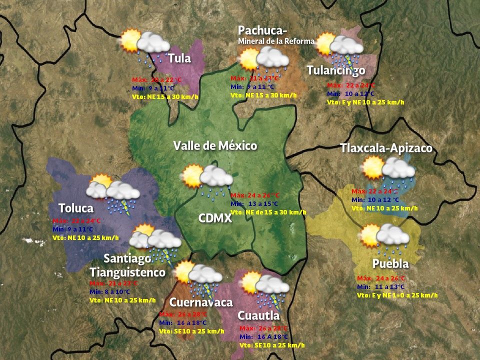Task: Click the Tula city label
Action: [x=179, y=58]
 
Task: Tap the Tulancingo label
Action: [x=335, y=70]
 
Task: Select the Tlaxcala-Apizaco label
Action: [x=386, y=148]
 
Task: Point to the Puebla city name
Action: [x=390, y=263]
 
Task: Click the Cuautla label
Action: [x=258, y=315]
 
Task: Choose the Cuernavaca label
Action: [x=201, y=302]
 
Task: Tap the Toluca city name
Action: [x=76, y=208]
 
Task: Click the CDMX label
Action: [x=215, y=218]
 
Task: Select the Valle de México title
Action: [x=215, y=146]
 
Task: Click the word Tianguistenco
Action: [x=127, y=272]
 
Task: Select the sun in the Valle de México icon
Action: [x=192, y=176]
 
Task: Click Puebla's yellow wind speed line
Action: [x=397, y=295]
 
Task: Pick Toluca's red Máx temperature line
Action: [x=76, y=220]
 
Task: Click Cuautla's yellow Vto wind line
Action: [x=272, y=345]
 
